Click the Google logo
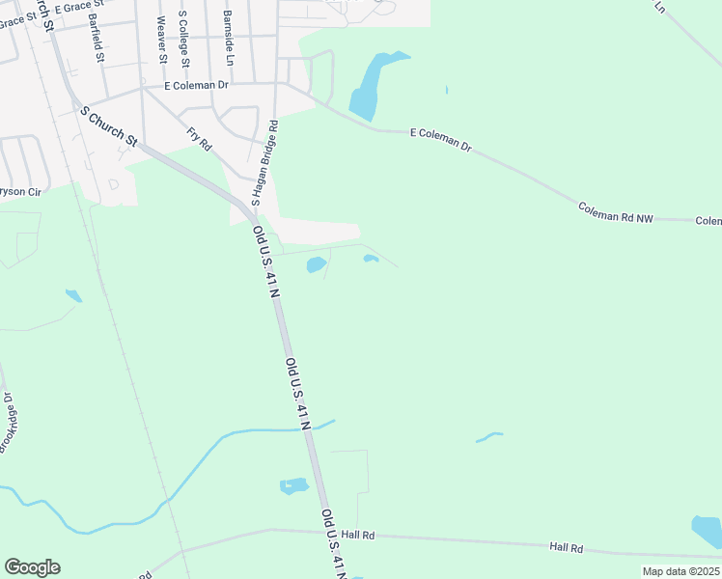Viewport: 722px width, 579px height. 32,567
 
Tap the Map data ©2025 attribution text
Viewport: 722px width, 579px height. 680,571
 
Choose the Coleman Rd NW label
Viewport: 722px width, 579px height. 616,213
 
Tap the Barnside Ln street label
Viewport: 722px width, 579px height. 229,39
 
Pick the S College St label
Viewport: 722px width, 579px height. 181,40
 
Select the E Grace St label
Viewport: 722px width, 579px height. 78,7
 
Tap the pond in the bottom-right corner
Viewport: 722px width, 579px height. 708,531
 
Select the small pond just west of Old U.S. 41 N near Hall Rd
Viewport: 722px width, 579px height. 293,485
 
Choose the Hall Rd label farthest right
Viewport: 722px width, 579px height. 567,547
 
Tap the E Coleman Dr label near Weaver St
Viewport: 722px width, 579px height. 197,85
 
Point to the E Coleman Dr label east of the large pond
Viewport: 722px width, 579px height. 440,139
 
